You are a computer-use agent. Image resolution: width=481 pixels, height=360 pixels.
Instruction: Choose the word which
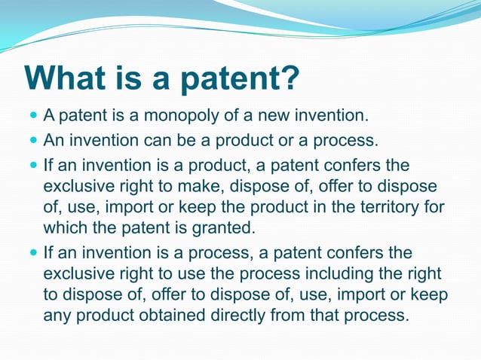(x=66, y=227)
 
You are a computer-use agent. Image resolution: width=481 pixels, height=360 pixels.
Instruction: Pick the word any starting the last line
(x=57, y=316)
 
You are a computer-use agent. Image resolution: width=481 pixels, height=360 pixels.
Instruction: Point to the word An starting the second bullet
(x=54, y=140)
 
